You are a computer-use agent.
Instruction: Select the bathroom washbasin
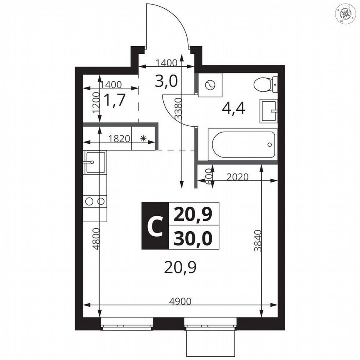click(269, 111)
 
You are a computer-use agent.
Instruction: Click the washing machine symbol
click(210, 85)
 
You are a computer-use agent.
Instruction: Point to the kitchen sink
click(95, 162)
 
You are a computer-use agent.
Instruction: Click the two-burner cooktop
click(95, 201)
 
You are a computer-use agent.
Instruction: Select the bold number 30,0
click(193, 238)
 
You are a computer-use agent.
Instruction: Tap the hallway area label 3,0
click(166, 81)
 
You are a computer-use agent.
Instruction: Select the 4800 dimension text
click(96, 239)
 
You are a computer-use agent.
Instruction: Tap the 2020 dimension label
click(237, 177)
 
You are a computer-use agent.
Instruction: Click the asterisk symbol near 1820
click(143, 139)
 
